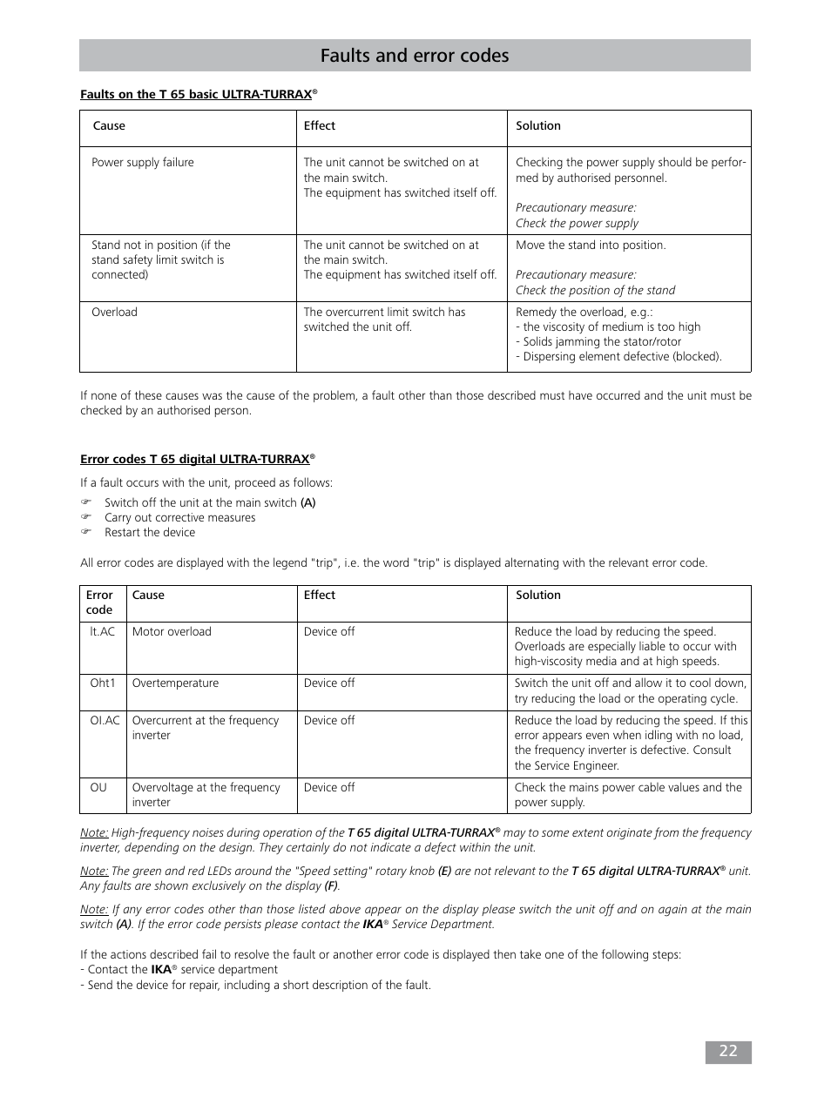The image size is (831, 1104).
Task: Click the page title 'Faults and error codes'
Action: [x=415, y=56]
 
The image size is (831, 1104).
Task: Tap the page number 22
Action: [x=727, y=1051]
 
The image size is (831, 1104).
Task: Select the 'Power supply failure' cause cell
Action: [x=143, y=163]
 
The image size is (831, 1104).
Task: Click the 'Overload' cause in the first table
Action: [x=114, y=313]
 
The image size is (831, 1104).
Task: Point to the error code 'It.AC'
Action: [x=103, y=632]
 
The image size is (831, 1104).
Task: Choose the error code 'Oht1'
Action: [x=103, y=683]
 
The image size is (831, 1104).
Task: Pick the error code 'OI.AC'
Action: [x=105, y=721]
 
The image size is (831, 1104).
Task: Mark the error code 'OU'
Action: [x=98, y=788]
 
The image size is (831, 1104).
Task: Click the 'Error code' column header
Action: [x=99, y=602]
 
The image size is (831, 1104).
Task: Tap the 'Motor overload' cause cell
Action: [x=172, y=632]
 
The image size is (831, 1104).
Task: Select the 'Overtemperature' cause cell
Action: [x=175, y=683]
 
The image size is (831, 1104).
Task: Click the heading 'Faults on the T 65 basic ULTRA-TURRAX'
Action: [x=197, y=94]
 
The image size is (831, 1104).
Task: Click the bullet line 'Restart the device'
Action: [x=150, y=533]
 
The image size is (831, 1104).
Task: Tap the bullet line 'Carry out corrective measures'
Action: [x=179, y=518]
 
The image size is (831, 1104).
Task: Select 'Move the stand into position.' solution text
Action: [x=591, y=246]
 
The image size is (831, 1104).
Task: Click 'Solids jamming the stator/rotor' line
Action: [x=601, y=342]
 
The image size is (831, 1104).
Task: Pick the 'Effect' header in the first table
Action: [x=320, y=126]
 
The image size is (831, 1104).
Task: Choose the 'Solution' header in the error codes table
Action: [x=538, y=596]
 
